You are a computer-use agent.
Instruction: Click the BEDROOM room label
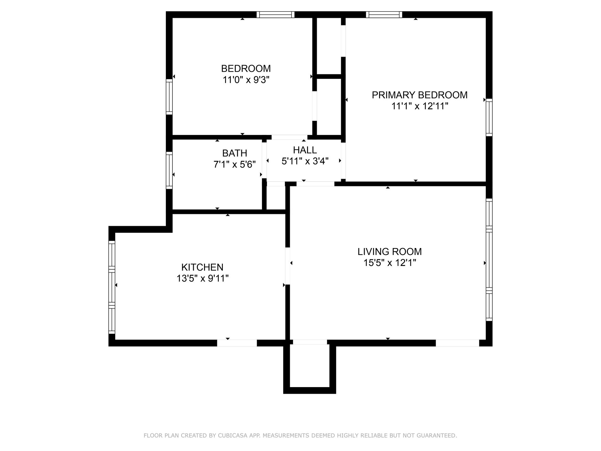point(246,68)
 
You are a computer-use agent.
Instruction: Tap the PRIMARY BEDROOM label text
point(419,95)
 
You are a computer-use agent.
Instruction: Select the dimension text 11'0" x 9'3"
point(246,80)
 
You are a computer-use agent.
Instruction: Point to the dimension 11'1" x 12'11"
point(420,106)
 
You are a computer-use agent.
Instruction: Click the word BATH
point(235,153)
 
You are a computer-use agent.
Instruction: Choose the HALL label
point(305,150)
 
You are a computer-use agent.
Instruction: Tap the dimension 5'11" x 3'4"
point(305,161)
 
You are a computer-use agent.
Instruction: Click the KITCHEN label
point(203,267)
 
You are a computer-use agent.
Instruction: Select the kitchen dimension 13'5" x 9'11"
point(203,278)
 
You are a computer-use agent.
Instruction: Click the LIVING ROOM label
point(390,251)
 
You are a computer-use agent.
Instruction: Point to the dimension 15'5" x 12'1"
point(390,263)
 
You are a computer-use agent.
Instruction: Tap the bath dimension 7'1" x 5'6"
point(235,164)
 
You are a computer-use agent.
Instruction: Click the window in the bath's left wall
point(169,170)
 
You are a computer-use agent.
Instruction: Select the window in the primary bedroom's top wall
point(384,14)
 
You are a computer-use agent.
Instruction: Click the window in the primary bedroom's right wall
point(489,117)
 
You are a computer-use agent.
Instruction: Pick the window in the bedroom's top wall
point(275,14)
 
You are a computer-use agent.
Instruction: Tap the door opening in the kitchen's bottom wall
point(237,343)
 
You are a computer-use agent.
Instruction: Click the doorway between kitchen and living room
point(288,266)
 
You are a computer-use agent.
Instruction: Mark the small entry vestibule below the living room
point(310,366)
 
